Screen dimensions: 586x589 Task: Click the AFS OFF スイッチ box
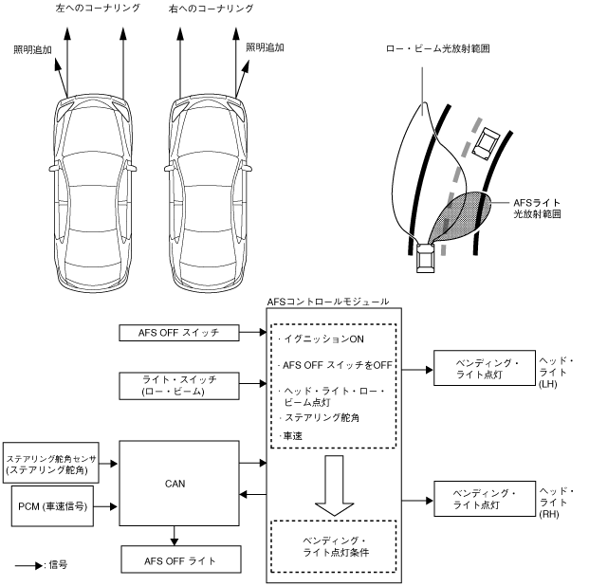(177, 332)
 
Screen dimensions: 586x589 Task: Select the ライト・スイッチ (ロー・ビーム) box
(177, 385)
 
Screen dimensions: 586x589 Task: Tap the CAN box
(176, 482)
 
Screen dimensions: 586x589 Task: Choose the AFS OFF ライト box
(177, 560)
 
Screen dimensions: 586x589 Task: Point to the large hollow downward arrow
(331, 483)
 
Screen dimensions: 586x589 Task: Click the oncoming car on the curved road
(485, 143)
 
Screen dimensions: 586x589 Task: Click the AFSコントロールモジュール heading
(328, 302)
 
